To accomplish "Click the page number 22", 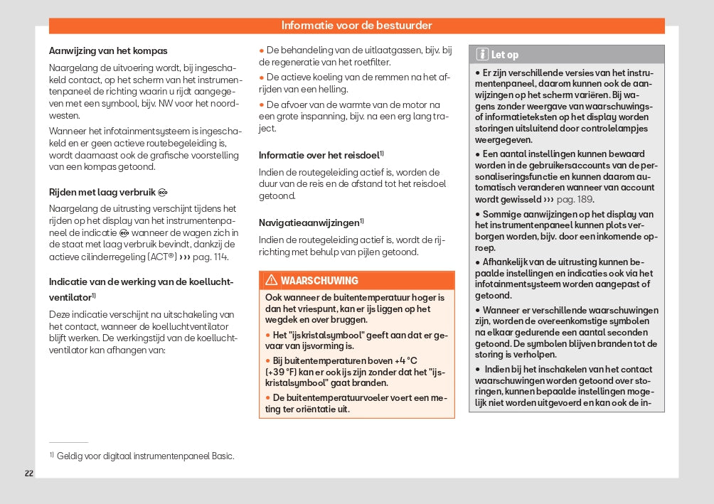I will pos(29,473).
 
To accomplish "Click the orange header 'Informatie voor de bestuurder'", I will pos(356,26).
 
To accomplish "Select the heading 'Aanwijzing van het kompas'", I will pos(108,51).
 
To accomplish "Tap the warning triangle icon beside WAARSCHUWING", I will pos(271,280).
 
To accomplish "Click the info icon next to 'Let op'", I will pos(481,54).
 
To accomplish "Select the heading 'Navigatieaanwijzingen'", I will pos(309,222).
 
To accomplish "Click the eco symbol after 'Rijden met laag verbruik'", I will pos(163,192).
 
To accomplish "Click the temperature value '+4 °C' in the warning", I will pos(403,361).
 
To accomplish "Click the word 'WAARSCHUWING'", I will pos(319,280).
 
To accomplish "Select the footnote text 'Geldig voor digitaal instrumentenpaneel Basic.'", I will pos(145,456).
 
